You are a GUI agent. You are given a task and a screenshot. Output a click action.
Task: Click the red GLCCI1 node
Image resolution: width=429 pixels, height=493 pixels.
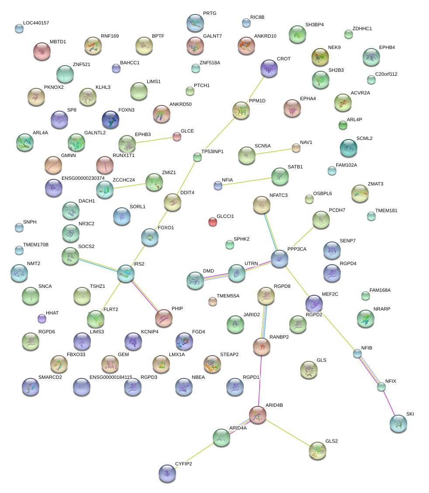[x=213, y=222]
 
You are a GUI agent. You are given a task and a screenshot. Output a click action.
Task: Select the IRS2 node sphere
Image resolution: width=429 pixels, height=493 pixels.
[x=126, y=273]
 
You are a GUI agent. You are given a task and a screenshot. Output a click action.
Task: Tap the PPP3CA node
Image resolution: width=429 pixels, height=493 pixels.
[x=280, y=259]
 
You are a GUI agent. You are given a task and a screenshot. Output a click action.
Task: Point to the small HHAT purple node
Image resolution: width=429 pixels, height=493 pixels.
[x=42, y=318]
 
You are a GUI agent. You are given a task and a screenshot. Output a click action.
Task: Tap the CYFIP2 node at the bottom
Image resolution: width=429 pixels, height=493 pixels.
[x=167, y=473]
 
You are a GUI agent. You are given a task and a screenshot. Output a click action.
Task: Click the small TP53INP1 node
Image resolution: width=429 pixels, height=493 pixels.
[x=197, y=157]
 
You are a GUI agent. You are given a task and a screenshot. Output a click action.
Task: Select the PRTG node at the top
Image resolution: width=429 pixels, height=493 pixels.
[x=195, y=22]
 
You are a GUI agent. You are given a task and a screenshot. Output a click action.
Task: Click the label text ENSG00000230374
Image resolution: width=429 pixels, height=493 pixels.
[x=83, y=178]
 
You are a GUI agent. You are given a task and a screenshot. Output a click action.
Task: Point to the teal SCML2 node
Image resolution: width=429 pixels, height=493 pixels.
[x=348, y=148]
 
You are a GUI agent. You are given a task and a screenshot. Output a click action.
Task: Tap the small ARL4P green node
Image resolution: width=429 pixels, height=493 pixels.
[x=343, y=126]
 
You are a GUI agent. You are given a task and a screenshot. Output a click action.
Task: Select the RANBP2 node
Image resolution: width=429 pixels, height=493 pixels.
[x=262, y=346]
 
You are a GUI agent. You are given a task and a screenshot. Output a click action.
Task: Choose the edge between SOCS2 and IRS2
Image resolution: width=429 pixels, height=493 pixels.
[x=98, y=264]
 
